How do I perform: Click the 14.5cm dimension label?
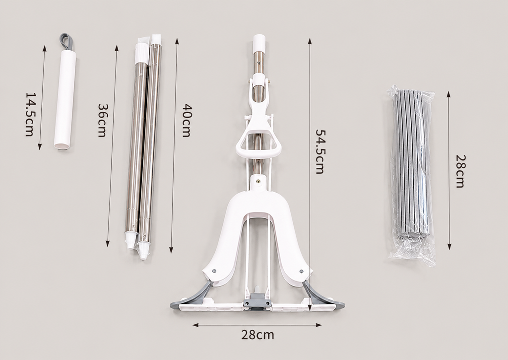tap(30, 114)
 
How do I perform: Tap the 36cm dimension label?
tap(102, 120)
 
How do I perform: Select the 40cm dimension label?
tap(187, 120)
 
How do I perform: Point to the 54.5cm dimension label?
tap(320, 152)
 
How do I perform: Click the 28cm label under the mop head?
tap(257, 335)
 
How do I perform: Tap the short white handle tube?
tap(65, 100)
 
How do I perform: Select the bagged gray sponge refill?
tap(411, 175)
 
